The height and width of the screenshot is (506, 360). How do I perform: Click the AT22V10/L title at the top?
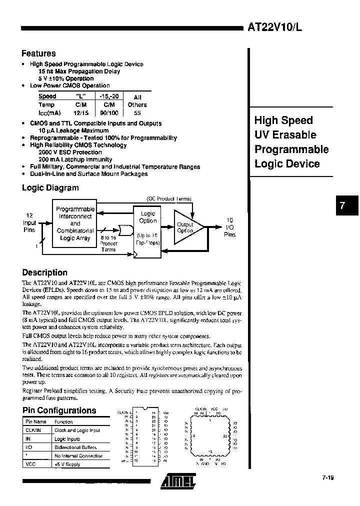point(275,28)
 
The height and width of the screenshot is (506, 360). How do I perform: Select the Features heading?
point(38,53)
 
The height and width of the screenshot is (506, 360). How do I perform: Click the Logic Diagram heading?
point(50,188)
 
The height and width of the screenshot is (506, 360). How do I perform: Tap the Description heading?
point(44,272)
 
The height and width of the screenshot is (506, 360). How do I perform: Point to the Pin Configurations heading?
point(59,410)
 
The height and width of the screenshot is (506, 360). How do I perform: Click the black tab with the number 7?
point(342,205)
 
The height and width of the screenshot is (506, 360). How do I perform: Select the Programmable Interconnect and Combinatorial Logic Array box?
point(75,223)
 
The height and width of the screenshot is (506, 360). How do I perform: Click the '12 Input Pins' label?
point(29,222)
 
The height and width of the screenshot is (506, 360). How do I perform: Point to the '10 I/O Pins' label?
point(229,227)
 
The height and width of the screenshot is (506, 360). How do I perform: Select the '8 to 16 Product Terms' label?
point(108,243)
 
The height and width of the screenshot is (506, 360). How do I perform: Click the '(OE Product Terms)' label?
point(168,198)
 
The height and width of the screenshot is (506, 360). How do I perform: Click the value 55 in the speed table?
point(137,113)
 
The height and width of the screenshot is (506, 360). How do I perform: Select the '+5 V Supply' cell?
point(67,464)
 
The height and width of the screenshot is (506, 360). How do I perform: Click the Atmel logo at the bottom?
point(178,481)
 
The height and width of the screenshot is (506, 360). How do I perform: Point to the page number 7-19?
point(327,478)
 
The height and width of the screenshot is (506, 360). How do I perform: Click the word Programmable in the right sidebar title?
point(291,149)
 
